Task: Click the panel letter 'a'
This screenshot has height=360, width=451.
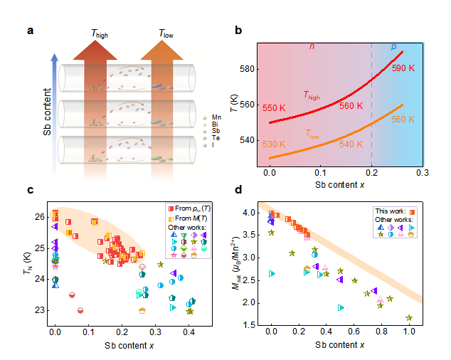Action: pos(31,31)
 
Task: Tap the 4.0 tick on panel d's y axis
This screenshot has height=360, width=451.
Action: pos(250,213)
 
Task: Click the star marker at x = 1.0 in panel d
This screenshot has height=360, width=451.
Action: pos(409,318)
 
